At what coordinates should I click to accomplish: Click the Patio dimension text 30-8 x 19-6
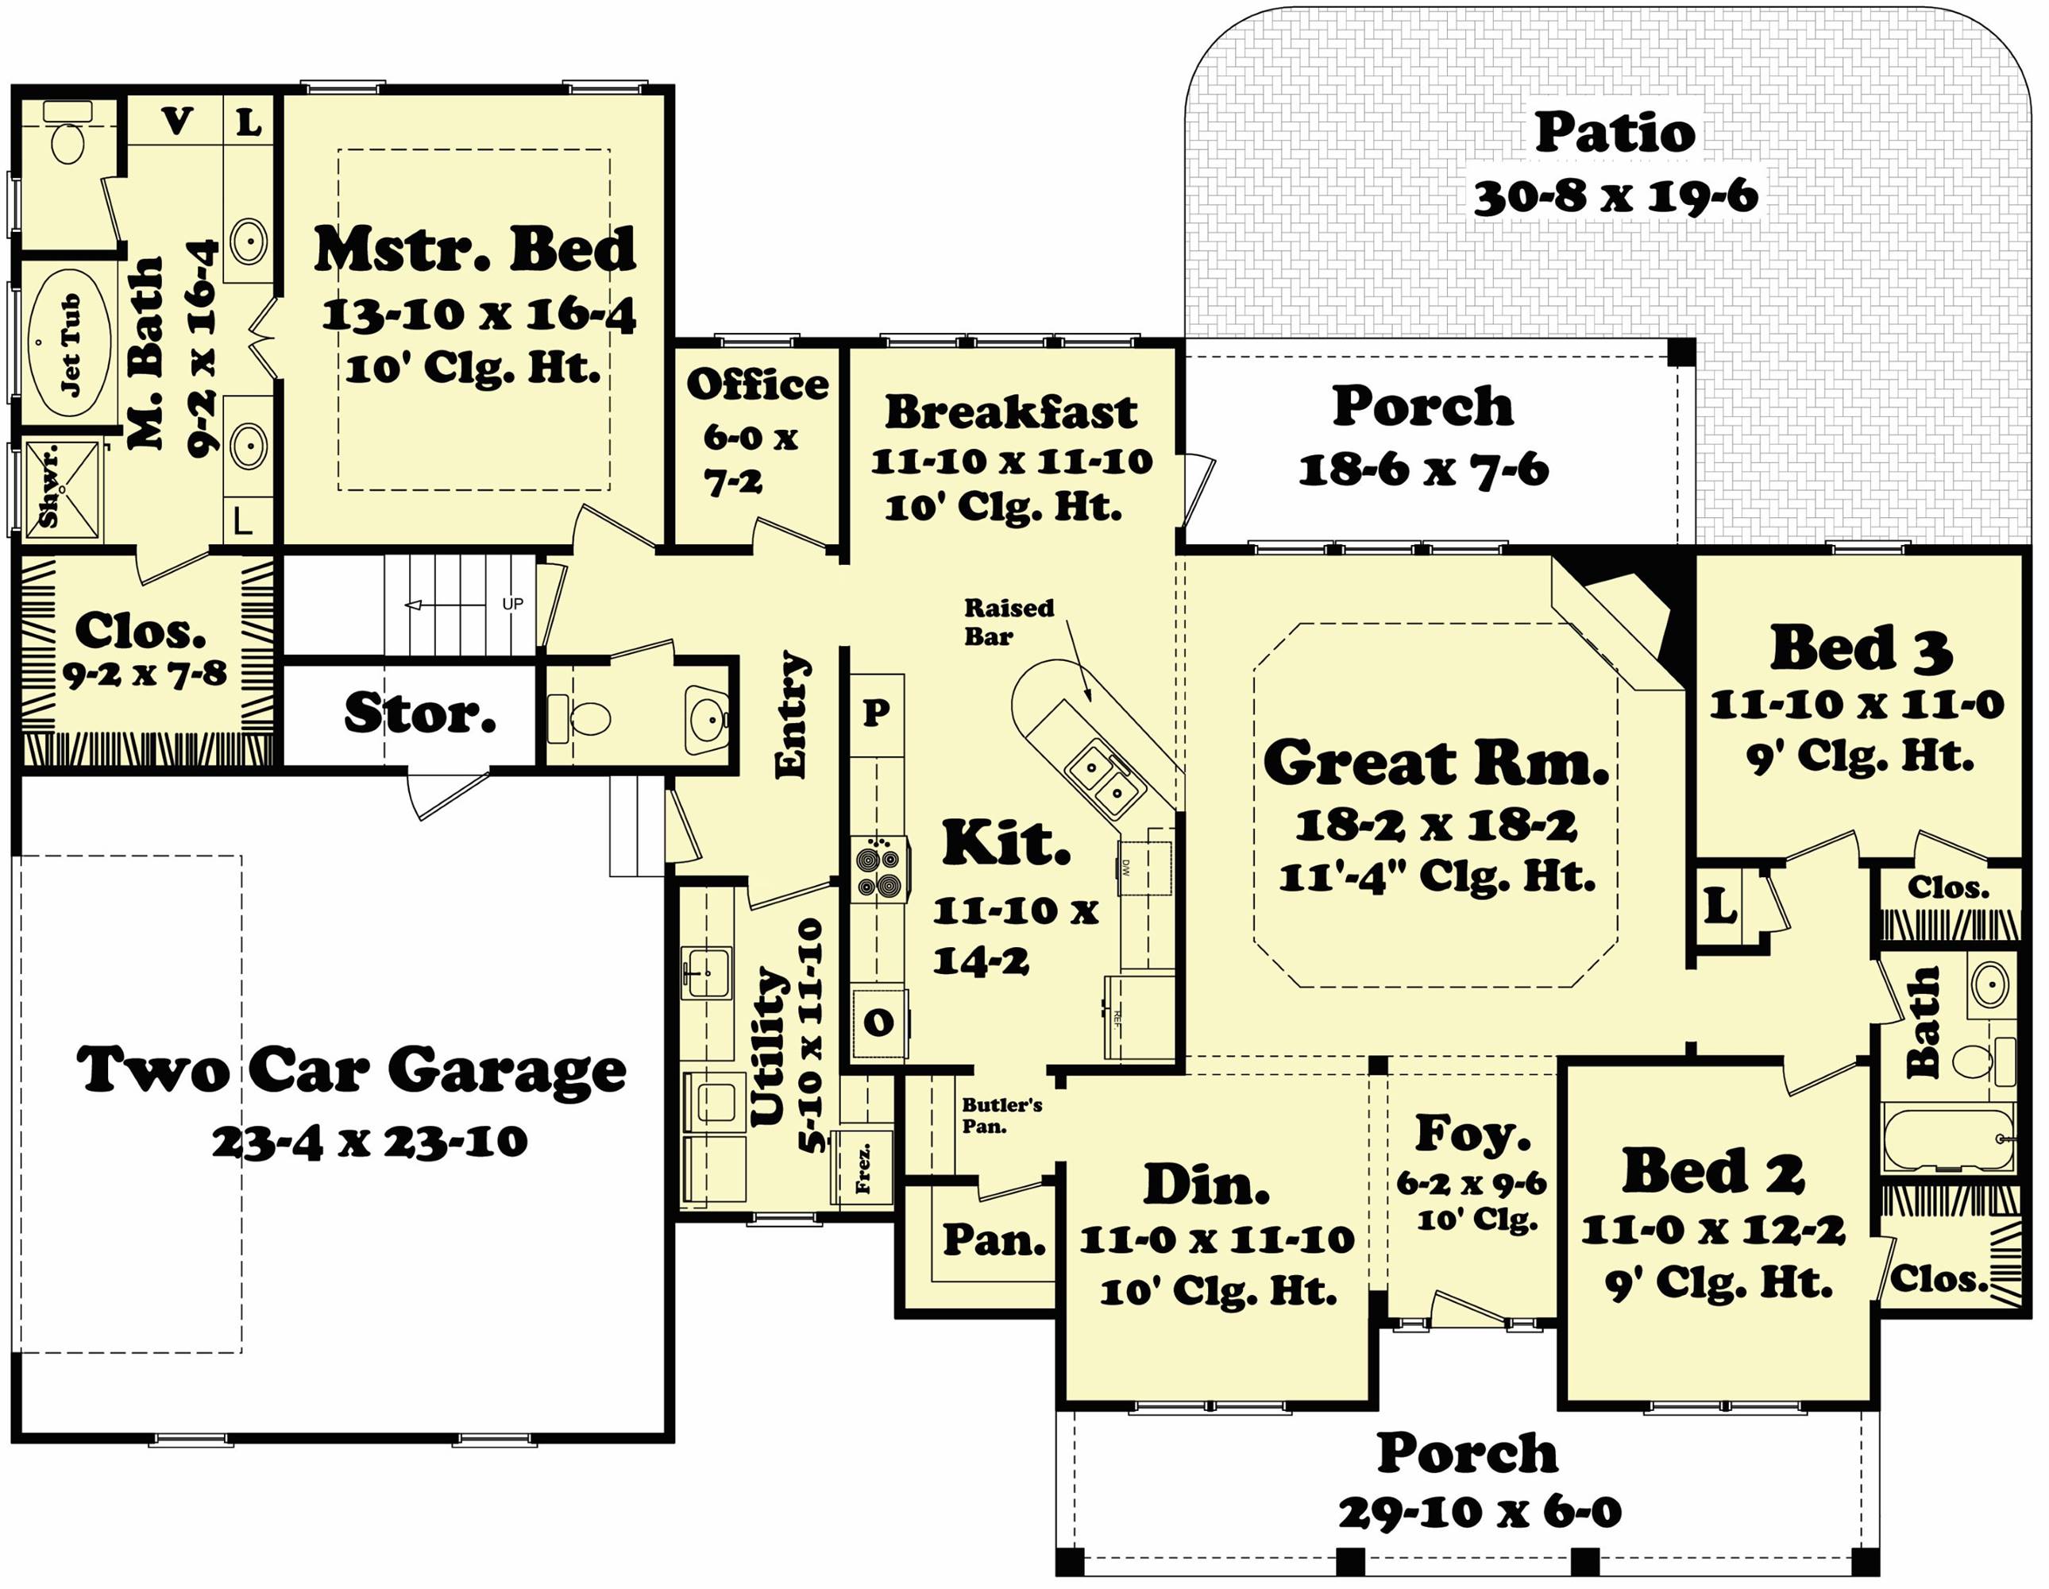click(1615, 197)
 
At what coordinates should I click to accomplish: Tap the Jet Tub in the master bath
click(68, 346)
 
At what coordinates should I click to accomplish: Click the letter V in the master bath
click(176, 121)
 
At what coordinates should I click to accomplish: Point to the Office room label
click(756, 385)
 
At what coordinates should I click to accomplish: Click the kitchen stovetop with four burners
click(879, 870)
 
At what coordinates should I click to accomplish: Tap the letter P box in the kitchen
click(876, 713)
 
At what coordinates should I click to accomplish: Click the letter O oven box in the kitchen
click(878, 1022)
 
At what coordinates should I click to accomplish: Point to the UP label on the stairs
click(512, 604)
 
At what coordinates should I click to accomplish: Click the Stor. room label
click(419, 713)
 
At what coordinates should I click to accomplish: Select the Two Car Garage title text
click(351, 1070)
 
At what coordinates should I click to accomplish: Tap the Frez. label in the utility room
click(862, 1168)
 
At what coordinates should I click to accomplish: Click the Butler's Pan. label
click(1001, 1115)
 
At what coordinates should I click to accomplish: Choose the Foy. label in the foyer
click(1471, 1134)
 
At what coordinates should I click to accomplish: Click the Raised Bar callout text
click(1009, 621)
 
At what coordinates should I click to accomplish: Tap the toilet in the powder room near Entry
click(589, 719)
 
